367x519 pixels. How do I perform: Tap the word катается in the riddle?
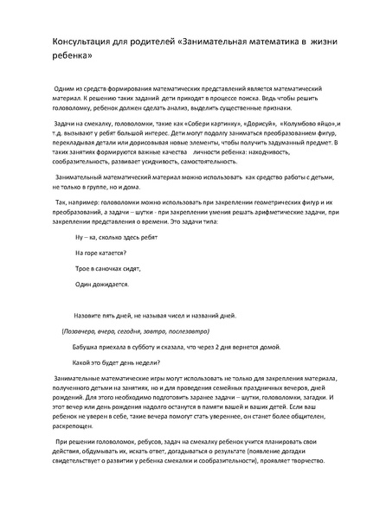click(111, 253)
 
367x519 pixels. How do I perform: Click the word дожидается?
click(111, 284)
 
